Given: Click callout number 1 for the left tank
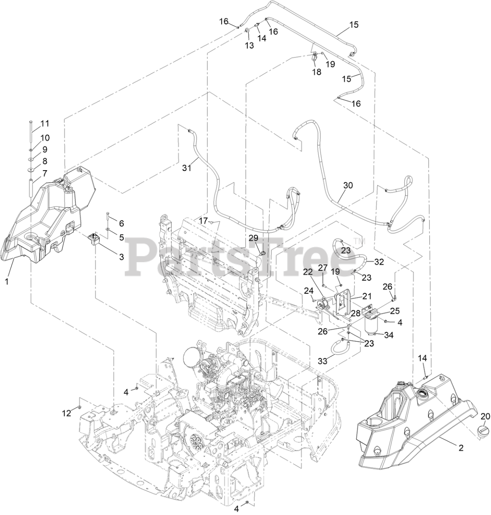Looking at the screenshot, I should click(x=7, y=282).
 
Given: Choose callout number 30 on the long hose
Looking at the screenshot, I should click(x=347, y=185).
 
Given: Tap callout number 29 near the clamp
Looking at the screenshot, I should click(x=253, y=238).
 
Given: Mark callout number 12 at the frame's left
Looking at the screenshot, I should click(x=66, y=412).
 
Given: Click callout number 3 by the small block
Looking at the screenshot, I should click(x=121, y=256).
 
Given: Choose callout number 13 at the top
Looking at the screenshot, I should click(x=250, y=45).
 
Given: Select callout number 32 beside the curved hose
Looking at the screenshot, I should click(x=379, y=262).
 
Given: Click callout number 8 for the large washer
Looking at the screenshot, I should click(x=43, y=161).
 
